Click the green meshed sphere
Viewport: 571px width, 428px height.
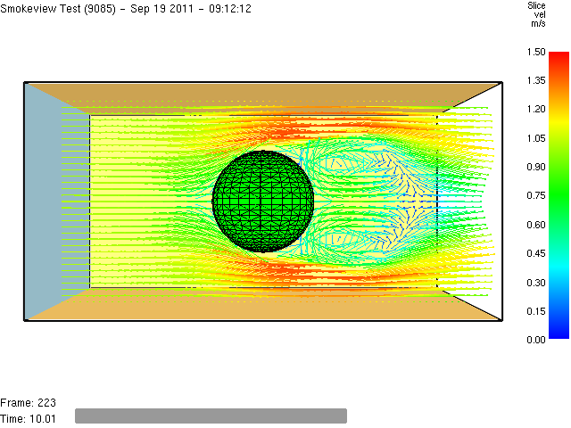[x=262, y=202]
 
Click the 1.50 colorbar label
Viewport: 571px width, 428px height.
[x=536, y=52]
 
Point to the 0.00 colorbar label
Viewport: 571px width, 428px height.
[x=536, y=340]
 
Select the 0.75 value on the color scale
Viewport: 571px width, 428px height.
[x=536, y=196]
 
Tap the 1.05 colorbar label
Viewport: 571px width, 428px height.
[x=536, y=138]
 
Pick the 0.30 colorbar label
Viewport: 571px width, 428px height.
[x=536, y=283]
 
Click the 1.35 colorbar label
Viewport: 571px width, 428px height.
[x=536, y=80]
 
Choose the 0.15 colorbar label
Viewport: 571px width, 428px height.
[x=536, y=311]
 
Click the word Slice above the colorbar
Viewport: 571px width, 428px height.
[x=536, y=5]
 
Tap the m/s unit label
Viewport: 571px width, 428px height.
[x=538, y=24]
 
